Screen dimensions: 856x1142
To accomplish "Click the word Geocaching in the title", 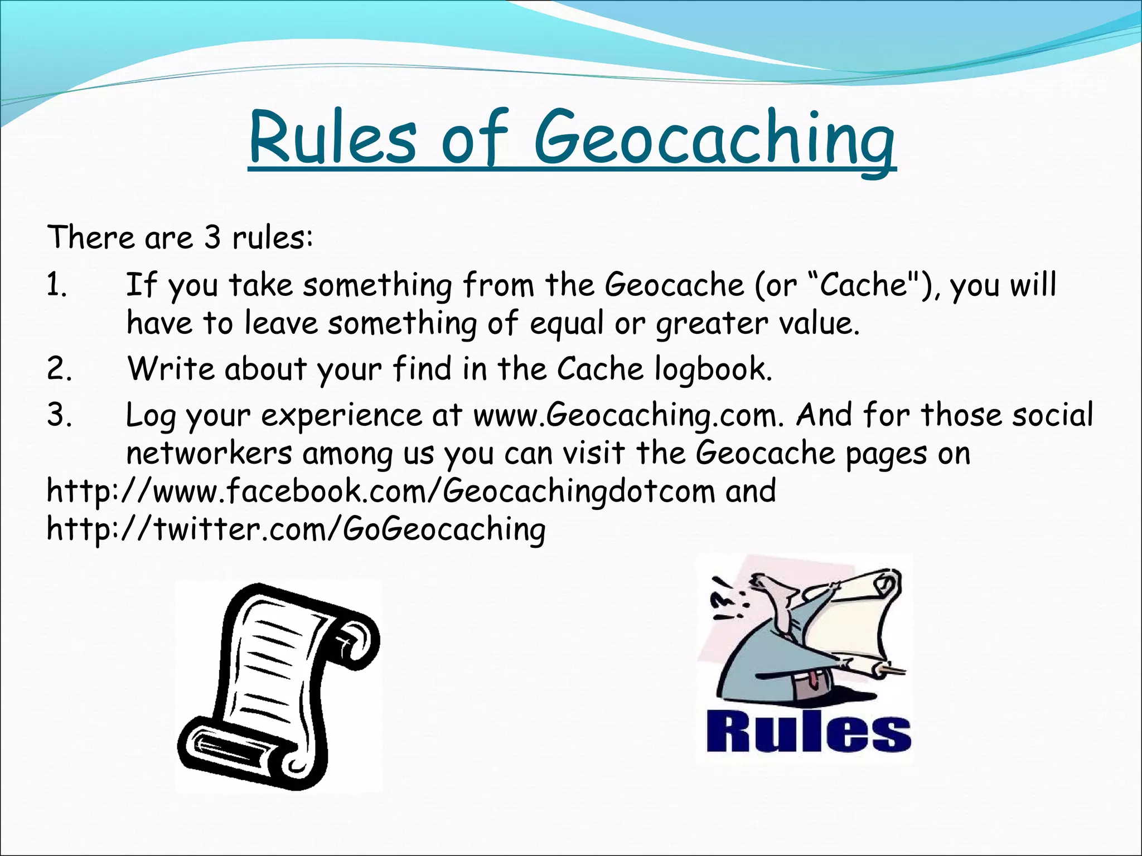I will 714,139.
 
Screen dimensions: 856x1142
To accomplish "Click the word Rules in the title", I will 333,139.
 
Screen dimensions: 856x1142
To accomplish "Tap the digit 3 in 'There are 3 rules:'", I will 212,238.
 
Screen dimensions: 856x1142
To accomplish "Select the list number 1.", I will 56,286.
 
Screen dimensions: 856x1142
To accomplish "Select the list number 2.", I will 59,369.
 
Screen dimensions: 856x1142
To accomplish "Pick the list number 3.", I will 59,416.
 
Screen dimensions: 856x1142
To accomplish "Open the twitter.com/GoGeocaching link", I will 296,529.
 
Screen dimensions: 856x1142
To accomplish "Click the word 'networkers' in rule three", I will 209,454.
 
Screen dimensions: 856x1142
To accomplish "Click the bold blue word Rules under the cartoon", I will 808,731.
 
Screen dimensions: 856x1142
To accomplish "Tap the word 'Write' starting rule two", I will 171,369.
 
